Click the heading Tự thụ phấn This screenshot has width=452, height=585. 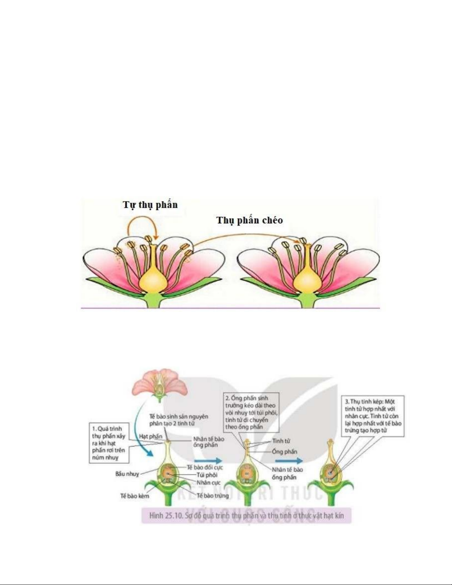150,205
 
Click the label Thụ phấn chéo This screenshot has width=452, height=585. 249,220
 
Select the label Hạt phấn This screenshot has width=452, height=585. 151,436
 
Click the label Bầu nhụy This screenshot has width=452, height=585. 127,474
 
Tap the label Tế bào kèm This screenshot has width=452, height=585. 135,496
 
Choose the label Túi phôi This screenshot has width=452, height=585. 207,475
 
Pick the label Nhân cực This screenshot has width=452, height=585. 208,482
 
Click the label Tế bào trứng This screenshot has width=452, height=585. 213,495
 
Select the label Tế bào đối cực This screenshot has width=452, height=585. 205,467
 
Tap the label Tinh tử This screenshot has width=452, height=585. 281,441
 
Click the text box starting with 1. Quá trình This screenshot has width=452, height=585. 109,443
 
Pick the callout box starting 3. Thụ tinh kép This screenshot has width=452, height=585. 373,416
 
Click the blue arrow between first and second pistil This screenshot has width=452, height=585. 208,461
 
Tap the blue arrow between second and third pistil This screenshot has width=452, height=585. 289,461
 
